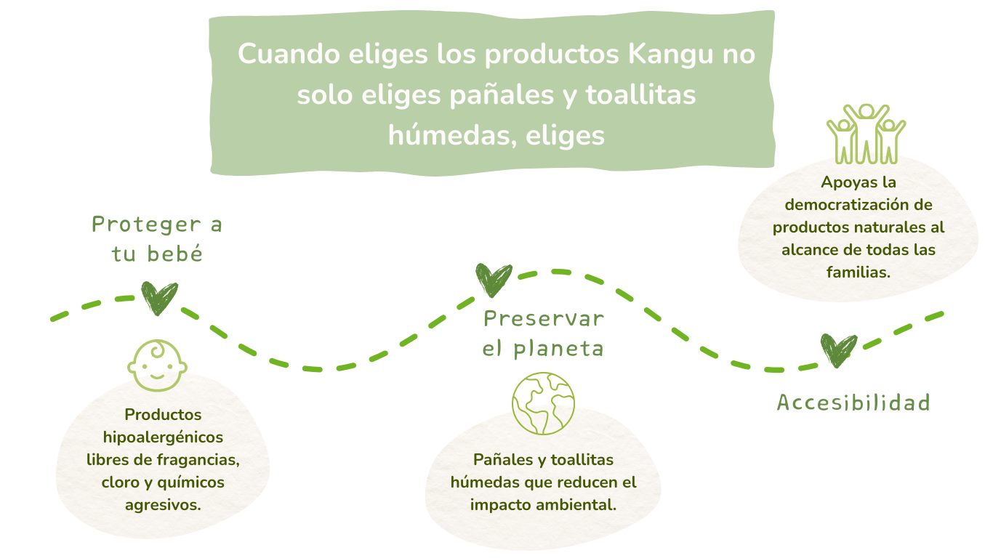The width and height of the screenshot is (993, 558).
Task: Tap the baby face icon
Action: pos(157,365)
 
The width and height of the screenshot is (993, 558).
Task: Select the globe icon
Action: pos(543,403)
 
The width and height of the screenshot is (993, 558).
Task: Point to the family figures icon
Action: pos(866,134)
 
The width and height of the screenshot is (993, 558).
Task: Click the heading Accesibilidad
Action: pos(854,403)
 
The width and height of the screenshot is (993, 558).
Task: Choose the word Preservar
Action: pos(544,319)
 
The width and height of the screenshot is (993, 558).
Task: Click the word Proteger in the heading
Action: pos(146,225)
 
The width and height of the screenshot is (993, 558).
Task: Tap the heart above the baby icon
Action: pos(159,298)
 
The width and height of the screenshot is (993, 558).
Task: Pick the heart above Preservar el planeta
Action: pos(494,280)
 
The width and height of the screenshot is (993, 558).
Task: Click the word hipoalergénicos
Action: pos(163,438)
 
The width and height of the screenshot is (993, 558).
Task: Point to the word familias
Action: pos(859,272)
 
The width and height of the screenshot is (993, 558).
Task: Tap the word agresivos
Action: pos(163,505)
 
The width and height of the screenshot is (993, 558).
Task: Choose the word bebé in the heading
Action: pos(174,254)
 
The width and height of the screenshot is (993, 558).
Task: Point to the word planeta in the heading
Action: pos(558,349)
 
